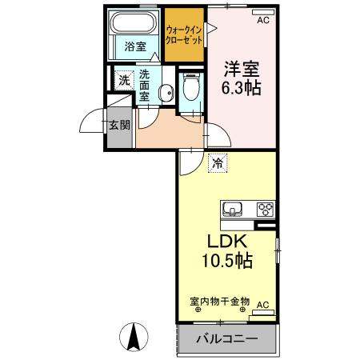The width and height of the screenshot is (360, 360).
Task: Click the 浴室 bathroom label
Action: click(x=135, y=47)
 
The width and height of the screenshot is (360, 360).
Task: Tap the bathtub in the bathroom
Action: click(x=135, y=22)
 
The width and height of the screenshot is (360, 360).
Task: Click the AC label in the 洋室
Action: click(x=262, y=22)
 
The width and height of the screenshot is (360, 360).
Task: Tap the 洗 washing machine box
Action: click(x=124, y=79)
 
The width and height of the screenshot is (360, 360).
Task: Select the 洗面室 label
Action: click(x=145, y=85)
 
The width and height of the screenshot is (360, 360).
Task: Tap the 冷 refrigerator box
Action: click(x=218, y=164)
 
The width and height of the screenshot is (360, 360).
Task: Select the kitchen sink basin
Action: click(x=233, y=210)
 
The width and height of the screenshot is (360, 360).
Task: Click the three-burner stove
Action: click(x=265, y=210)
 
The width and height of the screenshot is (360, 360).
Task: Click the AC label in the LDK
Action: click(x=263, y=305)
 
